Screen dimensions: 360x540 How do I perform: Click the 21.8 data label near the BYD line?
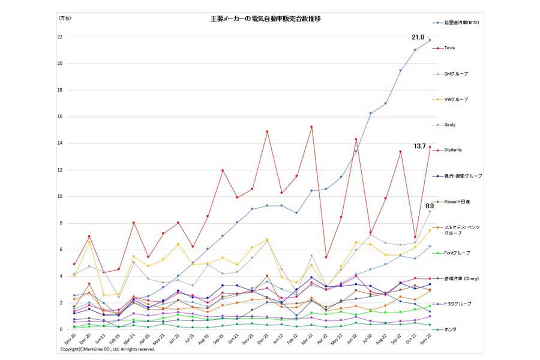click(x=418, y=37)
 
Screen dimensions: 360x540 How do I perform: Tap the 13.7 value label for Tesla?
click(x=419, y=146)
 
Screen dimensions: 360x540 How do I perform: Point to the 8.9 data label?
click(x=430, y=206)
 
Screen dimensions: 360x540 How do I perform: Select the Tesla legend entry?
click(x=449, y=47)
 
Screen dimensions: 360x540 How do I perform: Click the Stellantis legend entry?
click(x=454, y=150)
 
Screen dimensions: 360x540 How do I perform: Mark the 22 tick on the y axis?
click(x=59, y=37)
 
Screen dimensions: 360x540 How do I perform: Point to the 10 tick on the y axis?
click(x=59, y=196)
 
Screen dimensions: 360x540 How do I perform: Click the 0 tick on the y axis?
click(x=61, y=329)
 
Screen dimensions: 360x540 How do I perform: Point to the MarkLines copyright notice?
click(x=108, y=349)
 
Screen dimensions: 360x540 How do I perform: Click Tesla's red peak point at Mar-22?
click(x=311, y=127)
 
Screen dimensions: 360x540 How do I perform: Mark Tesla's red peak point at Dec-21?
click(x=267, y=131)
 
